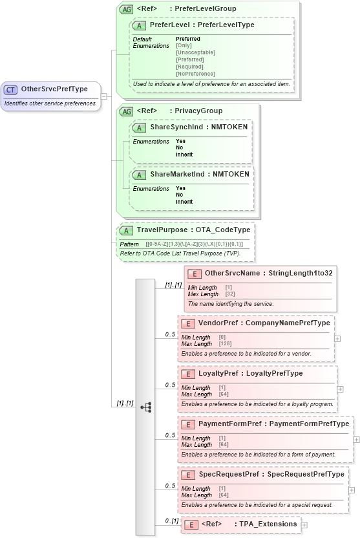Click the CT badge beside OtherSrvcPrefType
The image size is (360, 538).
[11, 89]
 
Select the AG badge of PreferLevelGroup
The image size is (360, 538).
[125, 9]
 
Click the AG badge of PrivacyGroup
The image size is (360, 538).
[125, 111]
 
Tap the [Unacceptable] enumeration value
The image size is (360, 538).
[195, 52]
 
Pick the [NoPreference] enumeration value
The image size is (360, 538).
[195, 74]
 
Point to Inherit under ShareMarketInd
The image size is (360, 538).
[184, 202]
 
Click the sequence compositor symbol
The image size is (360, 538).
[145, 407]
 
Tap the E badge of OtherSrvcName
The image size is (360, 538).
[191, 274]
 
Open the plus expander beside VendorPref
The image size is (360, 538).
[337, 338]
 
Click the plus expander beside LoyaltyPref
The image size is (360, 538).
[340, 389]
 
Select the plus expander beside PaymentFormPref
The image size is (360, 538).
[357, 439]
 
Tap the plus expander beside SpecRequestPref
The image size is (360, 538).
[352, 490]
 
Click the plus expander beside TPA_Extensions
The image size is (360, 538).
[304, 524]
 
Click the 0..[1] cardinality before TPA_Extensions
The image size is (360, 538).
[171, 521]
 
